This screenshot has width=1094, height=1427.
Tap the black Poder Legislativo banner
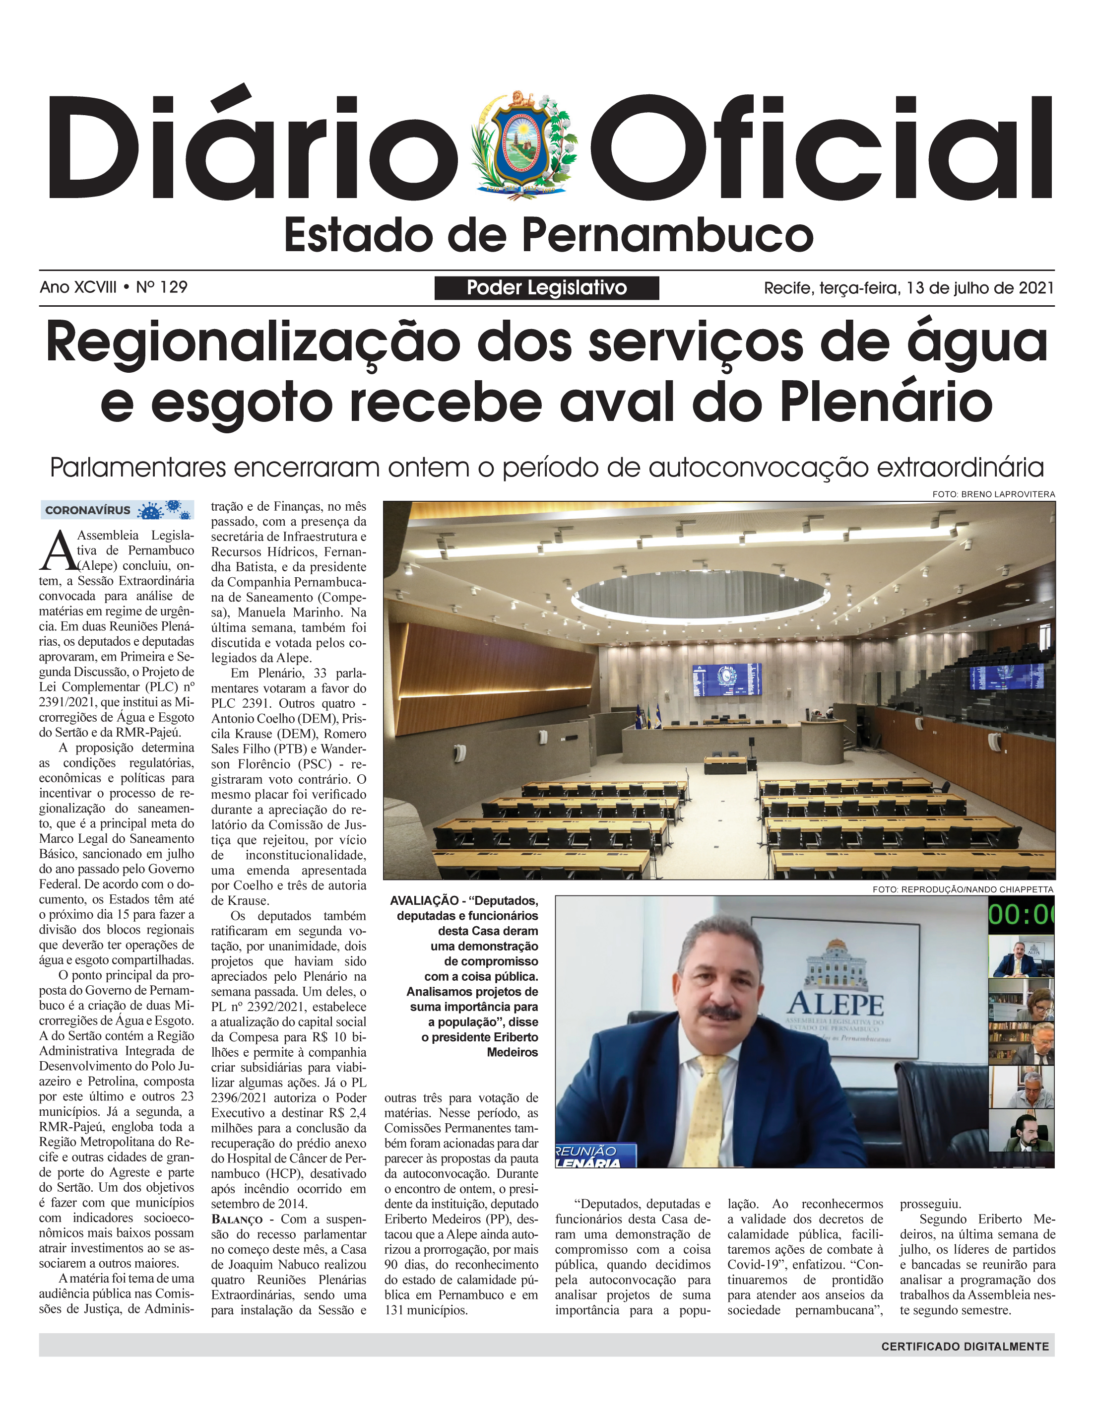pos(546,288)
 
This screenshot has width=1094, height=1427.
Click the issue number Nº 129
pos(162,287)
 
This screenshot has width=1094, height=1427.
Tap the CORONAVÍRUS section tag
pos(88,510)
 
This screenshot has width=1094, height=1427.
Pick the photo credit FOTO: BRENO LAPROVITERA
pos(993,494)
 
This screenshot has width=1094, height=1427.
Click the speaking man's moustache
pos(721,1014)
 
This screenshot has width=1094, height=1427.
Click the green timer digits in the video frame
pos(1021,914)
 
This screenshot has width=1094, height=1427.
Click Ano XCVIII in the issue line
pos(78,287)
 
